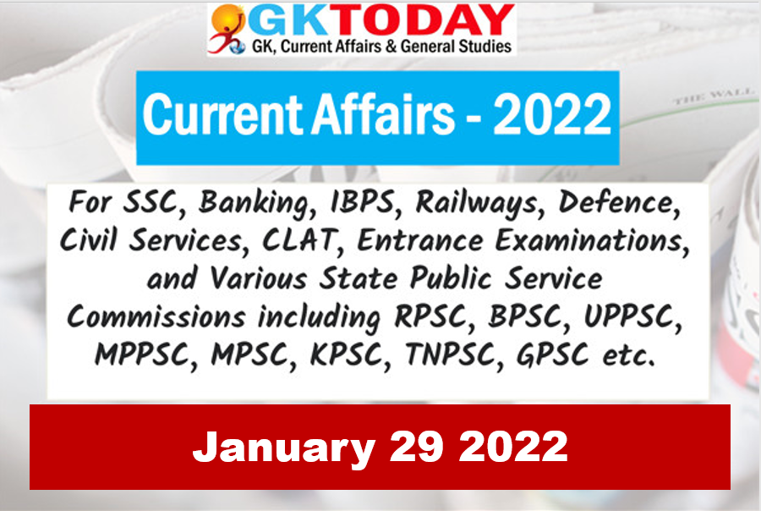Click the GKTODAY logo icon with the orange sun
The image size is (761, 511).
[x=227, y=28]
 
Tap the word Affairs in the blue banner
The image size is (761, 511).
[x=383, y=114]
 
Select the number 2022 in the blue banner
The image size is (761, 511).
[x=552, y=114]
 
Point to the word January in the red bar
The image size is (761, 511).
[x=284, y=448]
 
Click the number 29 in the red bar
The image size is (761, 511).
[x=416, y=446]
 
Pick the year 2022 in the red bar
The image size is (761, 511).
[x=513, y=446]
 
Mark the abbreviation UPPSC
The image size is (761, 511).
[x=628, y=317]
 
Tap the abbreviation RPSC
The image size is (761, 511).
[x=430, y=317]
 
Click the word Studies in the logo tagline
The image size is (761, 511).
[x=485, y=47]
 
